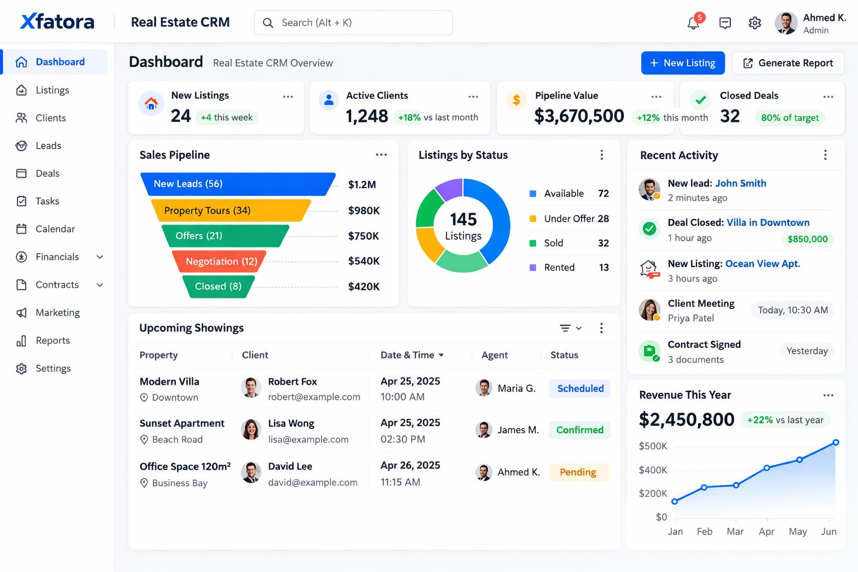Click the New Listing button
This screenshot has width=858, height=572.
[683, 63]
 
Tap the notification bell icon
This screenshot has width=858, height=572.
[693, 23]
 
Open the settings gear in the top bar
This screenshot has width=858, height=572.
[755, 23]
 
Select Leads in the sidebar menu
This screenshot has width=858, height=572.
[48, 146]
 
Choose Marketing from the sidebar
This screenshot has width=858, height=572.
[57, 313]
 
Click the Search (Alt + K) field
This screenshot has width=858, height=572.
[353, 23]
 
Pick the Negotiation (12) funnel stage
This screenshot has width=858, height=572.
[221, 261]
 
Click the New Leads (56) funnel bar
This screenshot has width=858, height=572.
[237, 184]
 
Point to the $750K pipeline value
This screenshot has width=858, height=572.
[363, 236]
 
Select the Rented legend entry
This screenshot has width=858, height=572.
[559, 268]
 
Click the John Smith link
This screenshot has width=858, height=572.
[740, 183]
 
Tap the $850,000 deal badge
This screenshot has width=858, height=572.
[807, 239]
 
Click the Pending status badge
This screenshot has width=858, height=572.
[578, 472]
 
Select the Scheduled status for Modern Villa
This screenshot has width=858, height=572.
[580, 388]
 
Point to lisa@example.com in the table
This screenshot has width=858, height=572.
[308, 440]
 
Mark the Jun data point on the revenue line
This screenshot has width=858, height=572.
[836, 442]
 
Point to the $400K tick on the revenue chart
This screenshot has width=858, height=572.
[653, 470]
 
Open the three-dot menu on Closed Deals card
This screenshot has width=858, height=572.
[828, 97]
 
